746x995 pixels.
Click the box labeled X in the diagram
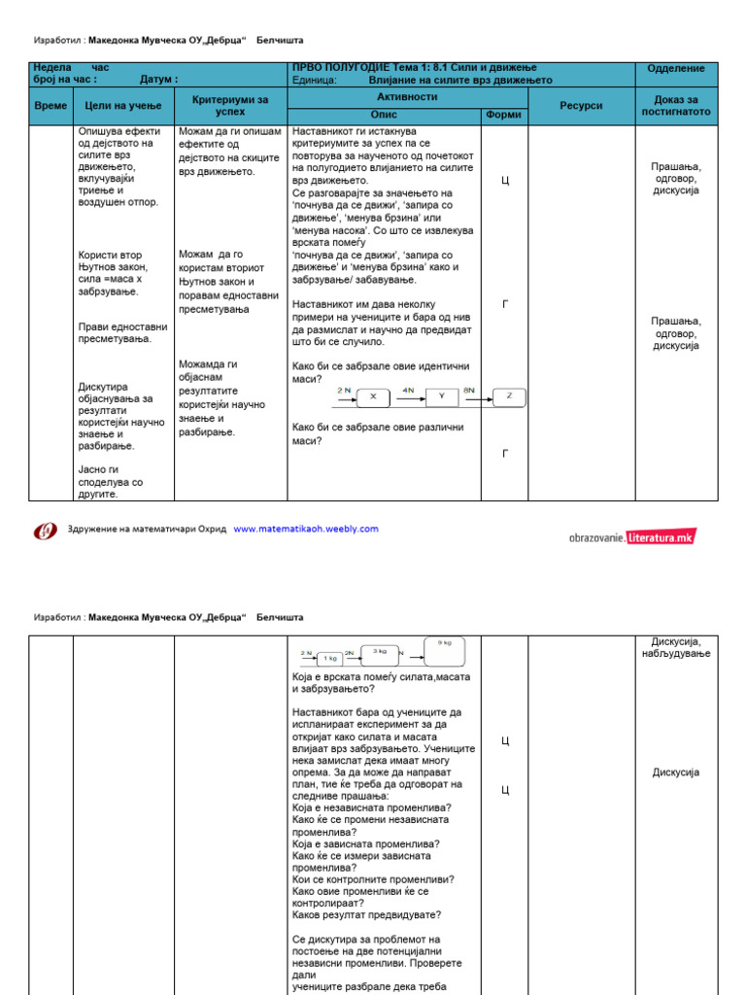click(x=374, y=396)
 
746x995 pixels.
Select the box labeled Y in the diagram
click(x=442, y=396)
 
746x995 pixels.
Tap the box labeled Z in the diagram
click(x=509, y=396)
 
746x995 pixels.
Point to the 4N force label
click(x=408, y=390)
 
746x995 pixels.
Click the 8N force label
click(x=469, y=390)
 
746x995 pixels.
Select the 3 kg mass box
click(x=381, y=653)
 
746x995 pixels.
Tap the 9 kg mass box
click(x=444, y=648)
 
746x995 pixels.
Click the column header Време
click(x=51, y=105)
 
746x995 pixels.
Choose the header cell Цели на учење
click(x=123, y=105)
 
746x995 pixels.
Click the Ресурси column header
click(x=582, y=105)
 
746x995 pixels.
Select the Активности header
click(x=407, y=97)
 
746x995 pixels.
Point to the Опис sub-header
click(x=385, y=115)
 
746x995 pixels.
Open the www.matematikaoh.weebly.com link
click(x=306, y=530)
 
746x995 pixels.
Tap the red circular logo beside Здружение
click(x=46, y=531)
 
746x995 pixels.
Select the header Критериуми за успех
click(x=230, y=105)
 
